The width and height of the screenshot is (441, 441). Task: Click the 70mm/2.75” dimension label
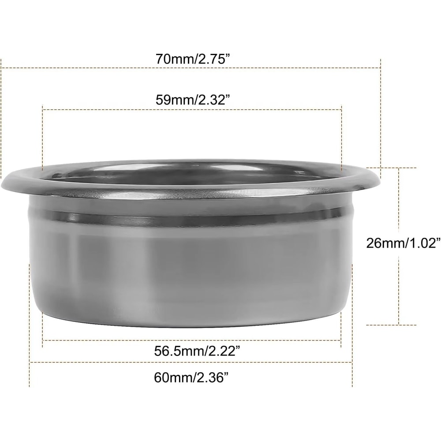(193, 59)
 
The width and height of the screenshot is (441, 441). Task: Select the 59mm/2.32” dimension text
(194, 99)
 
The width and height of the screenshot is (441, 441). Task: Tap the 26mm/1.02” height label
(403, 243)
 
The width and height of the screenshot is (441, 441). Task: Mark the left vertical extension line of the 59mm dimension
(42, 137)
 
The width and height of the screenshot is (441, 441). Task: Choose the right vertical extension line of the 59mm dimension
(342, 137)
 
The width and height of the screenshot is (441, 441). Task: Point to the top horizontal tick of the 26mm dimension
(399, 168)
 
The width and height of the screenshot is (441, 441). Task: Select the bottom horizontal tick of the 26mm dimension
(399, 325)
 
